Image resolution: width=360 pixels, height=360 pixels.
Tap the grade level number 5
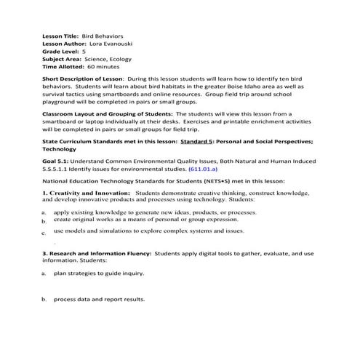point(84,53)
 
